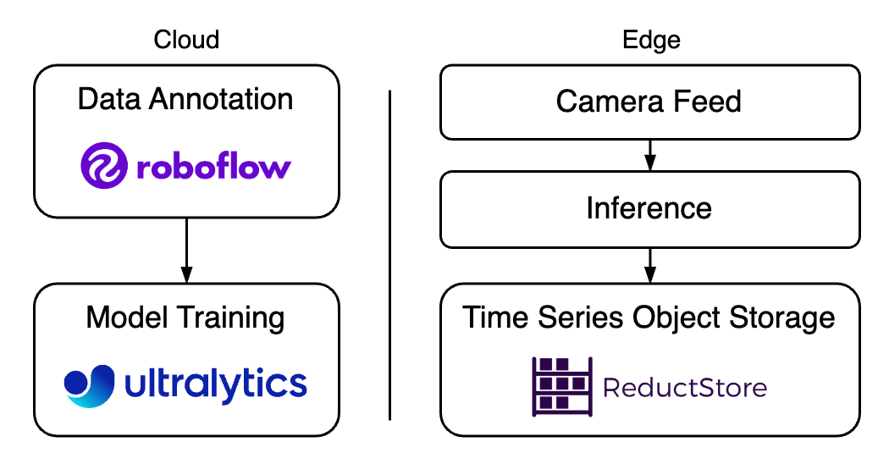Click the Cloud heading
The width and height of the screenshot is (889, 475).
tap(186, 40)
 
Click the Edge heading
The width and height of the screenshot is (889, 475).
tap(650, 40)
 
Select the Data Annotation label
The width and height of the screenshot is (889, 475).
tap(185, 99)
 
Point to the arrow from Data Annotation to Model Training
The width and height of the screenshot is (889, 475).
tap(186, 250)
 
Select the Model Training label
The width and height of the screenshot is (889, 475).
tap(185, 318)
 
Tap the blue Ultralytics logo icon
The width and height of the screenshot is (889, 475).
tap(89, 385)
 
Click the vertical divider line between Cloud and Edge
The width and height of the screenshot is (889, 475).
tap(389, 254)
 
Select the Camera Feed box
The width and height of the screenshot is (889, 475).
tap(649, 102)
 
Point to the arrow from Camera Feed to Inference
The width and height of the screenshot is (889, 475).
tap(649, 153)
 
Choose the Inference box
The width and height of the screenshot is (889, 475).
tap(649, 208)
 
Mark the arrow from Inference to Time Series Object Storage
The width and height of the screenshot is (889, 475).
tap(649, 265)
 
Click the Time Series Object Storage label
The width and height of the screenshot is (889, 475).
tap(649, 318)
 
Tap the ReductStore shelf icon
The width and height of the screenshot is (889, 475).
tap(560, 386)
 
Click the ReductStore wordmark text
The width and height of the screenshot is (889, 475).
tap(684, 388)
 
